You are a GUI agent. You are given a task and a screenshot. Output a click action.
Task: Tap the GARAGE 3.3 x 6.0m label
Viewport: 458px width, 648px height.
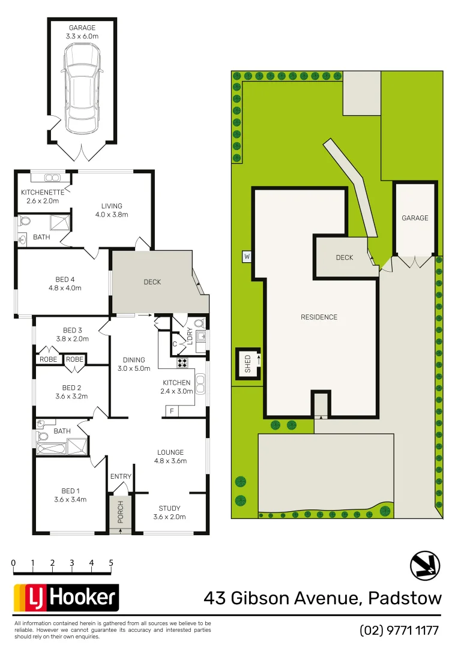point(82,32)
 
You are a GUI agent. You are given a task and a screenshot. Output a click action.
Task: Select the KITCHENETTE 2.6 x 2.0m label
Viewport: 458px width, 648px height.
point(42,196)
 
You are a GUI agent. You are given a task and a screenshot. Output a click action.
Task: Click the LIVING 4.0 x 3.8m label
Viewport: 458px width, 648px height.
point(112,210)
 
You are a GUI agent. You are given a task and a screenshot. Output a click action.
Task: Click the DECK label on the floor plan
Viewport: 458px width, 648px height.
point(152,282)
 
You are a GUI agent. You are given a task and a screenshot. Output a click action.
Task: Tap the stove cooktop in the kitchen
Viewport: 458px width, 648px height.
point(182,363)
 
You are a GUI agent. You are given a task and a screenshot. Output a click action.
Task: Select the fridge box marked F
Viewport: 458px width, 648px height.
point(172,411)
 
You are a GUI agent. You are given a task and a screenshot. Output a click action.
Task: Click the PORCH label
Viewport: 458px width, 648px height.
point(120,512)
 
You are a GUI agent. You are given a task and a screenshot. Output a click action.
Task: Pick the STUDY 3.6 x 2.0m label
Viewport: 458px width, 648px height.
point(169,512)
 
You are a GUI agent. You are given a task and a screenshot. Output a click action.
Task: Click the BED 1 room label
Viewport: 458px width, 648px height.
point(70,494)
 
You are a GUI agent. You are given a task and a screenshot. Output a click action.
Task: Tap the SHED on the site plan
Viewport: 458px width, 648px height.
point(248,364)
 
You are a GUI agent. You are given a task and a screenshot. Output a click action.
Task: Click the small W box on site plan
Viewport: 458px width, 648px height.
point(246,257)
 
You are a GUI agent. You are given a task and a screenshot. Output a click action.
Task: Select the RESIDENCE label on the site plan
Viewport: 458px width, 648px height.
point(319,317)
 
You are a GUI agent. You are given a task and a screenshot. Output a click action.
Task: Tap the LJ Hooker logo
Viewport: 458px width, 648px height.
point(66,597)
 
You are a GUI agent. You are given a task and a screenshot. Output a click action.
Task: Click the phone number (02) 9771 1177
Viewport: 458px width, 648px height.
point(399,630)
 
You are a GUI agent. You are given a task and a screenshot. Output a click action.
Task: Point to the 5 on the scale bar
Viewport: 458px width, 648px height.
point(111,563)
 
